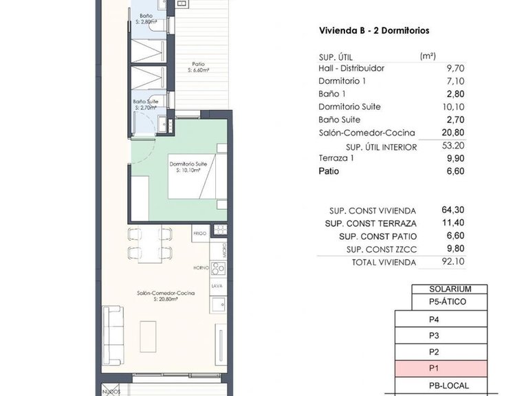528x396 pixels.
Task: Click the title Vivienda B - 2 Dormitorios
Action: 374,31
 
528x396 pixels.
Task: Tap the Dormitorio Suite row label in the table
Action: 350,107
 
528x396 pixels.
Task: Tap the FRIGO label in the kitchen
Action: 200,234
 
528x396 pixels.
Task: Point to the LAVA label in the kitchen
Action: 216,285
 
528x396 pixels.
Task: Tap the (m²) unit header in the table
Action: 427,56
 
